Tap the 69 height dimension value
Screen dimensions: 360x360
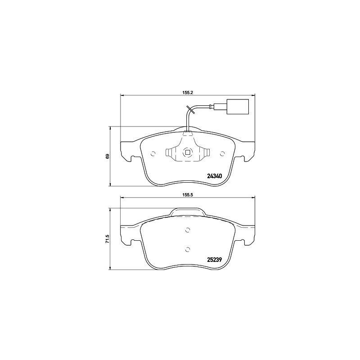pos(108,156)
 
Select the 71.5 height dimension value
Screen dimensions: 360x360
pos(108,239)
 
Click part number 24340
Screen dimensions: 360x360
pos(215,176)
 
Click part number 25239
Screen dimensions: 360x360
pos(215,260)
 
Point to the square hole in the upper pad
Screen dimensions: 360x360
pos(187,152)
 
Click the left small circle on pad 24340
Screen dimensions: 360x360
pos(153,153)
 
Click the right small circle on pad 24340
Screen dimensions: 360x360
pos(222,153)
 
